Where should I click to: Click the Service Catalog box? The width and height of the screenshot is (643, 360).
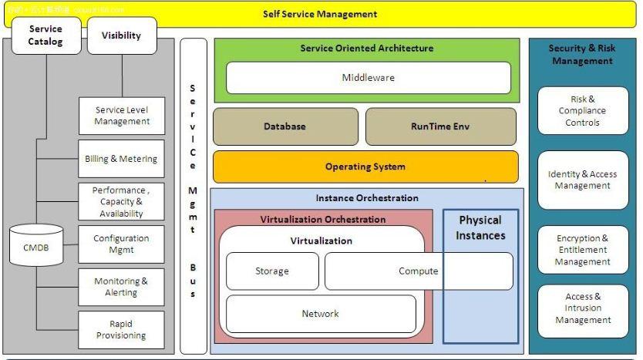[x=45, y=35]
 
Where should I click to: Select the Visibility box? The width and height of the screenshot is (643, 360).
[x=122, y=35]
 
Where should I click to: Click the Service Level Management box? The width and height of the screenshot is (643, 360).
[x=122, y=116]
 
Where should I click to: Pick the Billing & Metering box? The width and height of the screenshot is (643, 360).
[x=121, y=159]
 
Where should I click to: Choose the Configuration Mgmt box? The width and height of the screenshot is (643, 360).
[x=121, y=244]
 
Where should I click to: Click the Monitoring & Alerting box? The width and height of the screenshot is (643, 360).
[x=121, y=287]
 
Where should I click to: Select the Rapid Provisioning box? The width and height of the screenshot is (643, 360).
[x=121, y=330]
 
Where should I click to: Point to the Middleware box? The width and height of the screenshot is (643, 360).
[x=368, y=78]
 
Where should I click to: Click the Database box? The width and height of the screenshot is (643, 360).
[x=284, y=126]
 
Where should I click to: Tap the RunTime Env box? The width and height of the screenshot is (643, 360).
[x=440, y=126]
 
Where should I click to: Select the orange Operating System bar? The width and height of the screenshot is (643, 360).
[x=365, y=167]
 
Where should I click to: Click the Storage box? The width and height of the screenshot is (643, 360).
[x=272, y=271]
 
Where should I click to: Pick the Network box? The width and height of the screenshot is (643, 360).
[x=320, y=314]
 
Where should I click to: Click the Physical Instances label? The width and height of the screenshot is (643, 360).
[x=480, y=228]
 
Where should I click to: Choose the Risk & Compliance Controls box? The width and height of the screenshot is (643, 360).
[x=583, y=111]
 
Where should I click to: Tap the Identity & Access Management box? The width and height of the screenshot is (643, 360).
[x=583, y=180]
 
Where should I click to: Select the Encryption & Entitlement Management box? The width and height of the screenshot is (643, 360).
[x=583, y=250]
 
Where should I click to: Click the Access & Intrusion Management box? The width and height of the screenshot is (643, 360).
[x=583, y=308]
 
